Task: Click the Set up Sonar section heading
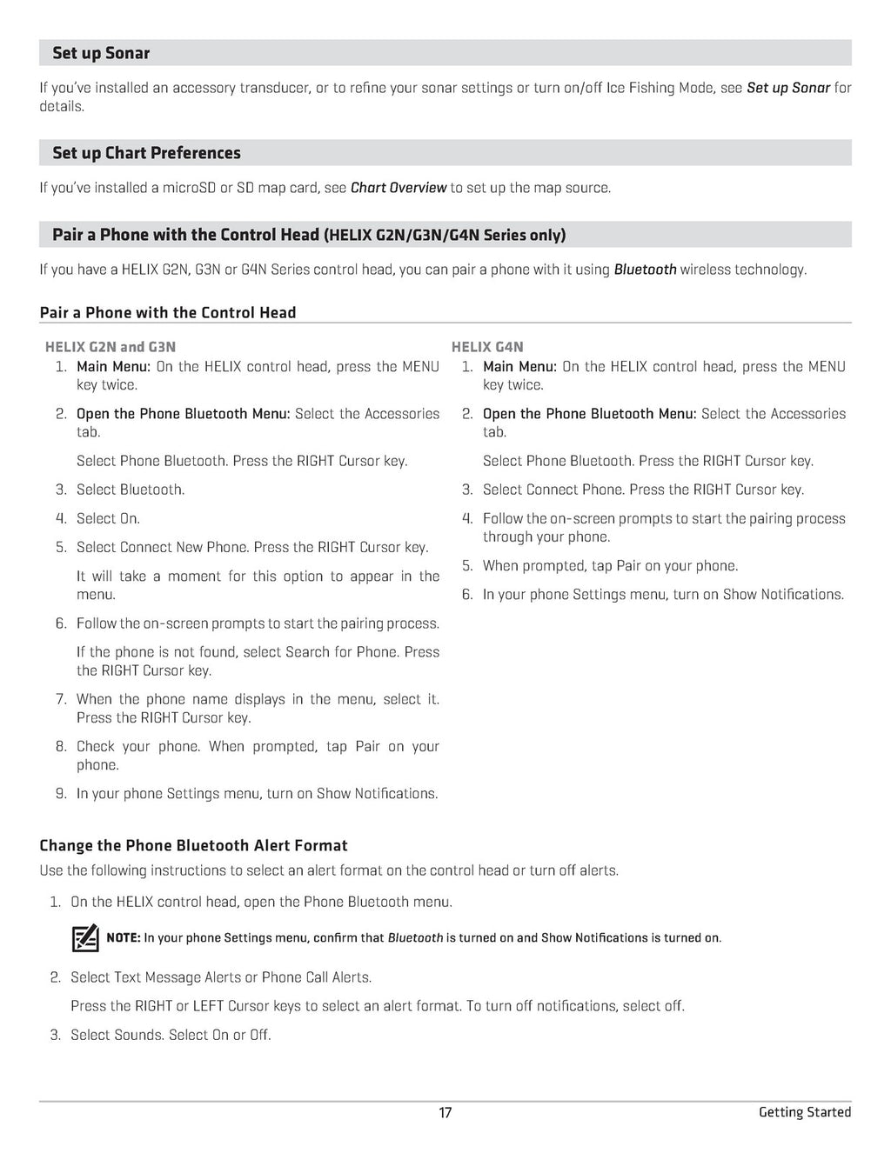pos(101,53)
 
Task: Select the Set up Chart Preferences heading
pos(146,153)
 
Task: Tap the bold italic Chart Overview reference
pos(398,188)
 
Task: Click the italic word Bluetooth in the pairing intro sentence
pos(645,270)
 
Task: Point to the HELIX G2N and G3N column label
pos(111,347)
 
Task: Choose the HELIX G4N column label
pos(487,347)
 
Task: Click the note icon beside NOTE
pos(85,938)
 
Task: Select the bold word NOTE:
pos(123,937)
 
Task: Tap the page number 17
pos(445,1112)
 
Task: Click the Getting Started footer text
pos(804,1112)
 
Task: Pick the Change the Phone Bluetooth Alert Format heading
pos(193,845)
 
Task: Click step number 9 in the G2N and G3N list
pos(61,794)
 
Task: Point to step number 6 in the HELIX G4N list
pos(467,595)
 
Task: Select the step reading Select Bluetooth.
pos(131,490)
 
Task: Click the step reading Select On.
pos(108,518)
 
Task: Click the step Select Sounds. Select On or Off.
pos(171,1035)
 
